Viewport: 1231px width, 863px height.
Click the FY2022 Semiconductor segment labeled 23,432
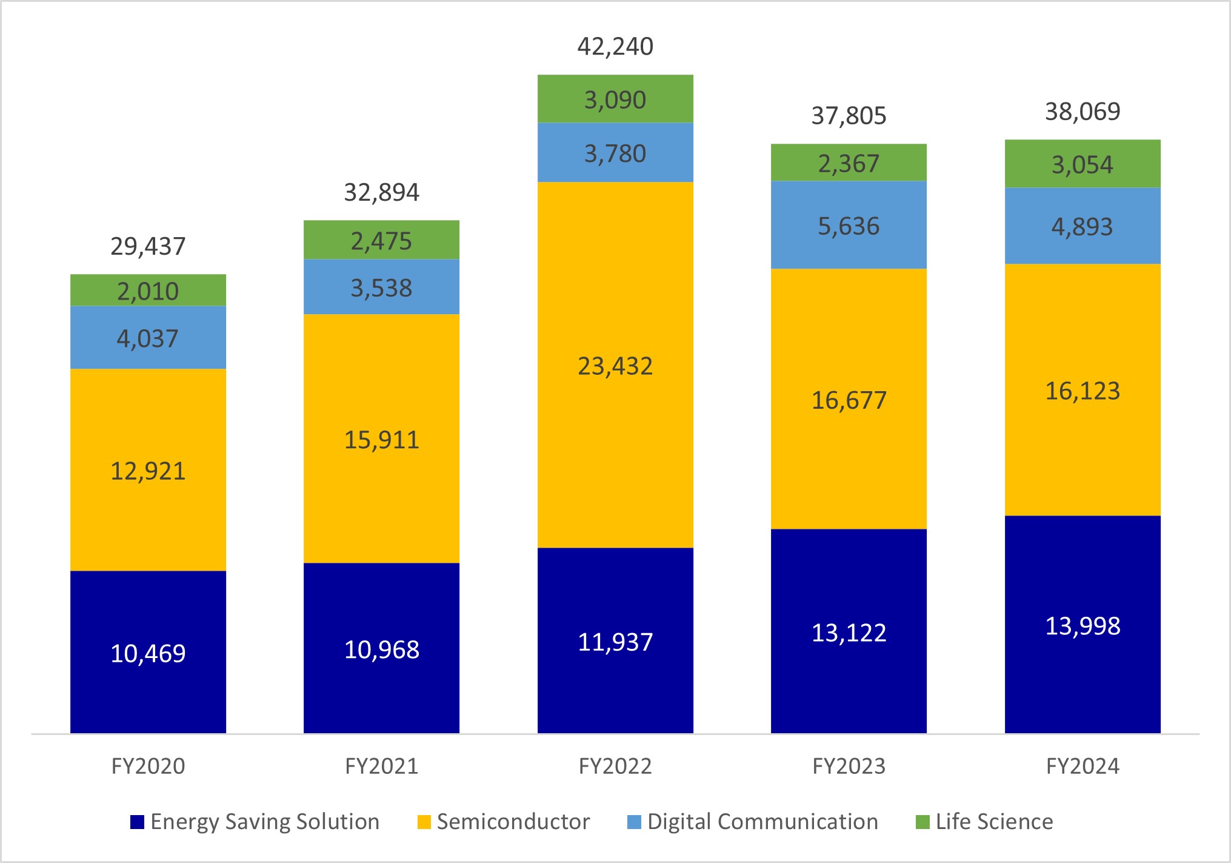click(x=615, y=366)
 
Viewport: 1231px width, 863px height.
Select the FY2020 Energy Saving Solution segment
click(x=148, y=652)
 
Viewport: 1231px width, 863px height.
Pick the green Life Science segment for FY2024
click(x=1083, y=164)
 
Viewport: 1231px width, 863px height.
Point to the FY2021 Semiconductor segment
click(x=381, y=438)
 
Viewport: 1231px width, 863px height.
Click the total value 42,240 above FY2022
click(x=615, y=47)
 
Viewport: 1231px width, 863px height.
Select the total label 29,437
click(x=148, y=246)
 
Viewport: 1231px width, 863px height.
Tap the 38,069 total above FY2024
click(x=1083, y=112)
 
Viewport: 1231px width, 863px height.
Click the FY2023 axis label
click(x=849, y=766)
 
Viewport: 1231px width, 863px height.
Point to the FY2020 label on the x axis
click(x=148, y=766)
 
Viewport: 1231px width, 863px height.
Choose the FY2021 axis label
click(x=381, y=766)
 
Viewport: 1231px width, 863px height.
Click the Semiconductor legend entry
click(x=513, y=822)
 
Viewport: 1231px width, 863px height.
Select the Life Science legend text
click(x=994, y=822)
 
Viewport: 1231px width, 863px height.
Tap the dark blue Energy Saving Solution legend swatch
click(x=138, y=822)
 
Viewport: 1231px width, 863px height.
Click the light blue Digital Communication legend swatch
click(x=634, y=822)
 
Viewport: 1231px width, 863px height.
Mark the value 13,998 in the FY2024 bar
click(x=1083, y=626)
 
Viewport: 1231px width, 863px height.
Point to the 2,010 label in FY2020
click(x=148, y=291)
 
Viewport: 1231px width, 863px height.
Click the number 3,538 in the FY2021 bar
click(x=381, y=288)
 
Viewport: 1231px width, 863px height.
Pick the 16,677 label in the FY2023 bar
click(x=849, y=400)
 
